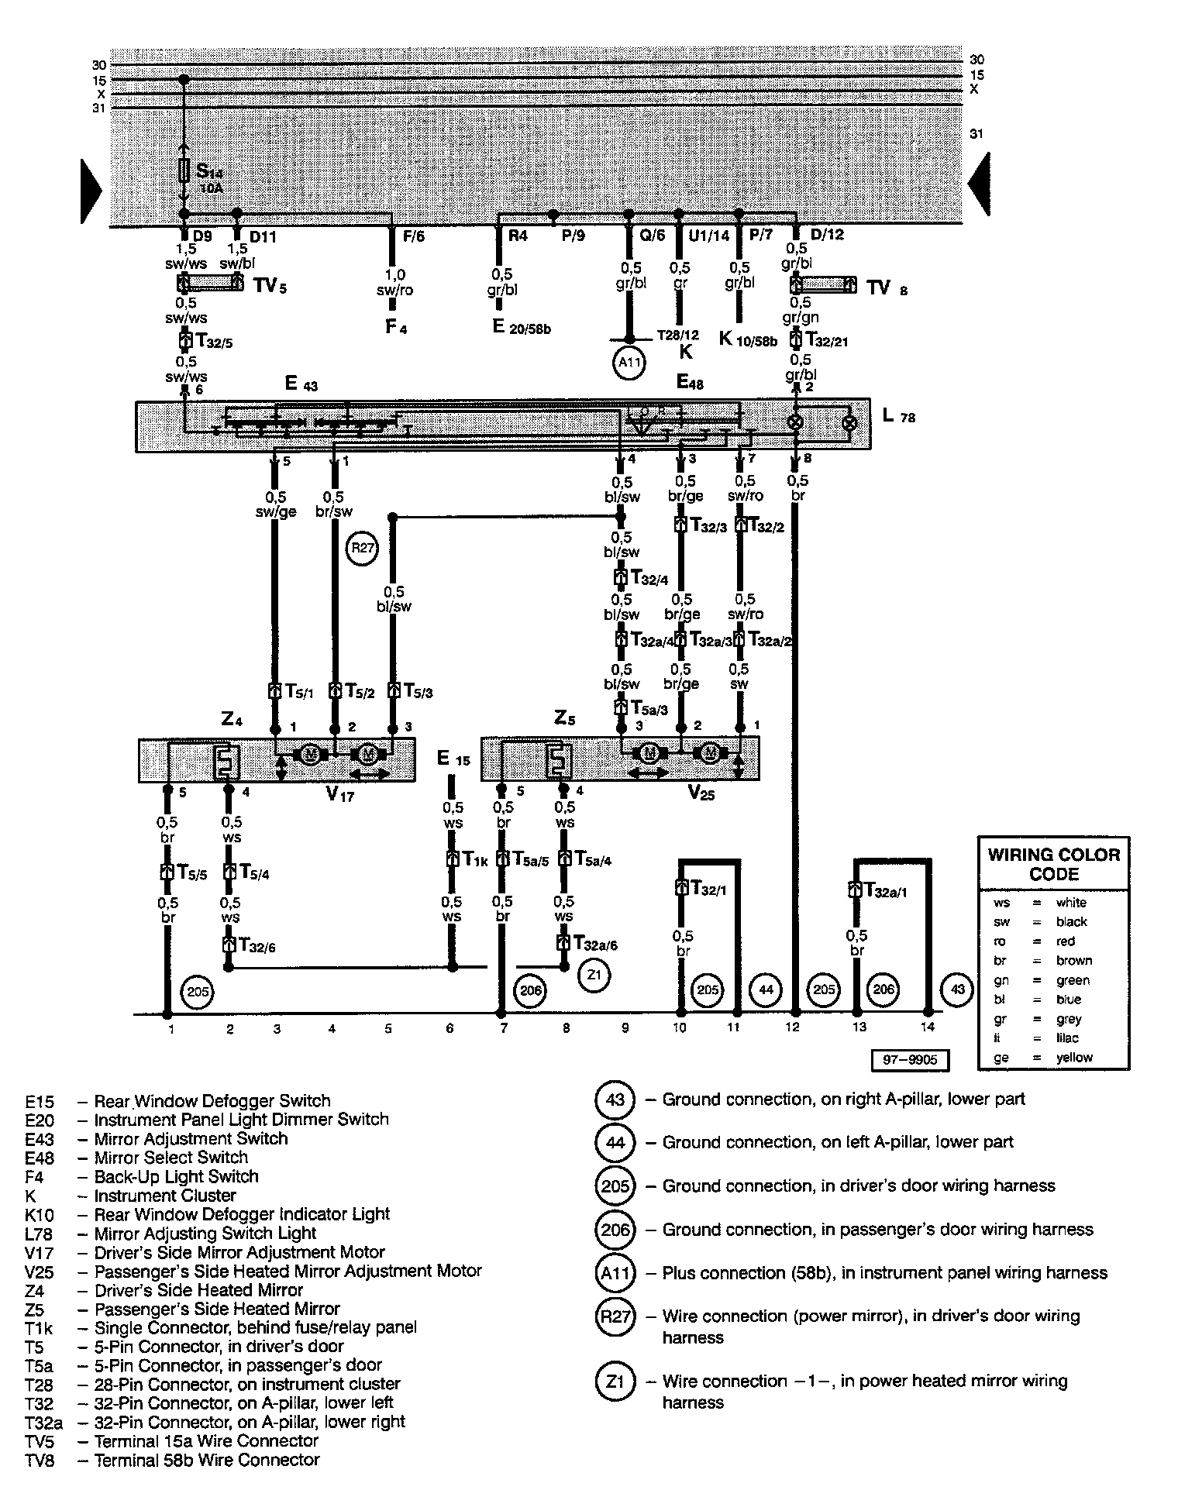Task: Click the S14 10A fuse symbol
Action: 184,171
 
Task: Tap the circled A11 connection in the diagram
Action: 629,363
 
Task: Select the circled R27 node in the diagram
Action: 363,549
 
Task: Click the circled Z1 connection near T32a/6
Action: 594,974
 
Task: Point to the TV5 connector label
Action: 270,285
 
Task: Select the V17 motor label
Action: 339,794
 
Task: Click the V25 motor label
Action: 702,794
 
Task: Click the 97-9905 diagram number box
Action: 910,1060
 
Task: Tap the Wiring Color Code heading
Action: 1054,864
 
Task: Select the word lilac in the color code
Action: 1067,1038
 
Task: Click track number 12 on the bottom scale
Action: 792,1028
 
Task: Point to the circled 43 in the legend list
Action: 615,1100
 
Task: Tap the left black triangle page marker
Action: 91,191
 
